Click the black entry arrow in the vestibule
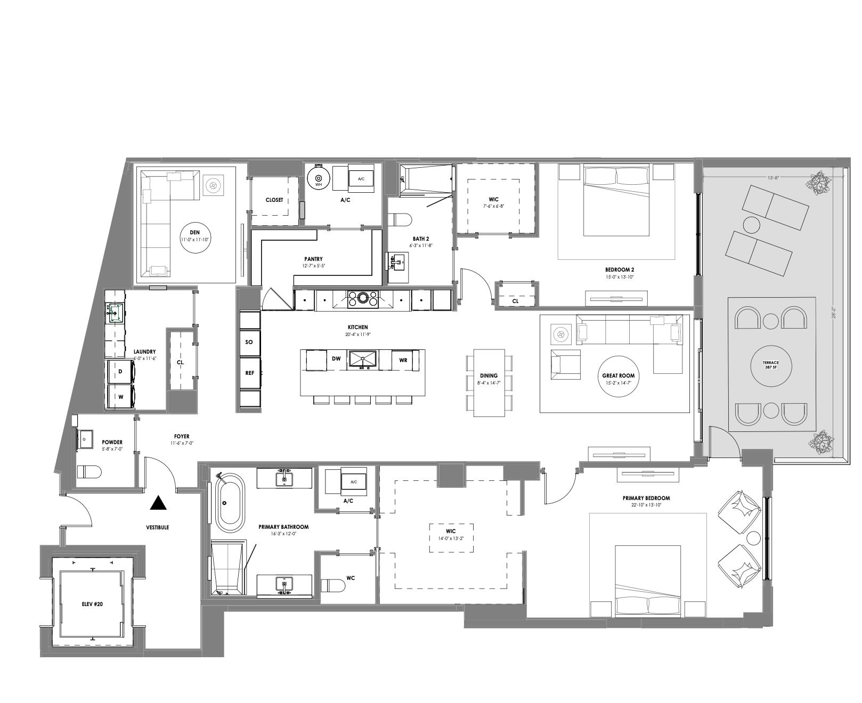tap(158, 503)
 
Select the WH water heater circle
tap(319, 179)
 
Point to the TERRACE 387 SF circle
tap(770, 365)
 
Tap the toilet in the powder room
tap(90, 472)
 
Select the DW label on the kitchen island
tap(336, 359)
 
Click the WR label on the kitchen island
tap(403, 360)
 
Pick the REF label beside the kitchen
tap(249, 373)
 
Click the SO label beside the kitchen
tap(249, 342)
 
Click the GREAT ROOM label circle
tap(618, 375)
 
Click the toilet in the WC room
tap(334, 585)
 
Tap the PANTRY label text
tap(314, 259)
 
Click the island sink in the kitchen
tap(363, 359)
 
